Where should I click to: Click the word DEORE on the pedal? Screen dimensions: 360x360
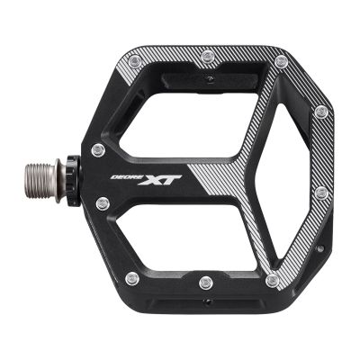click(x=131, y=177)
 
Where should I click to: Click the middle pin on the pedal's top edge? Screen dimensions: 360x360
click(x=208, y=58)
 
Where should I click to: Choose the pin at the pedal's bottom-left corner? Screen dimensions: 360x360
click(x=133, y=277)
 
